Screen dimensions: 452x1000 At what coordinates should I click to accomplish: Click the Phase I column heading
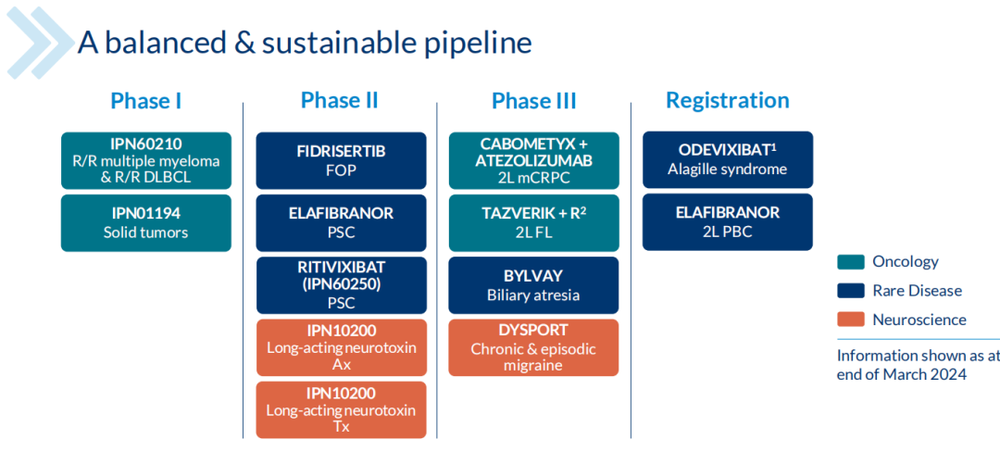pos(145,101)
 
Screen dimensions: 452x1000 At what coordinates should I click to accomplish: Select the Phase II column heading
pos(340,101)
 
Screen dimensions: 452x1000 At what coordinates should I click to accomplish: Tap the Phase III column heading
pos(533,101)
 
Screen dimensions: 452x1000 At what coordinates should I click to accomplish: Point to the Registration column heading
pos(727,101)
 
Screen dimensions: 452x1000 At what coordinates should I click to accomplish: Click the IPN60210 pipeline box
pos(146,160)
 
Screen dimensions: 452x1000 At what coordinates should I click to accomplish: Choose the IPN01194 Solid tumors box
pos(146,222)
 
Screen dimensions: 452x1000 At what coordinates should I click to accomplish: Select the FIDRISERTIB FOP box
pos(341,160)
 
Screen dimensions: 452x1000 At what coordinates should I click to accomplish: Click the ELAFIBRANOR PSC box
pos(341,222)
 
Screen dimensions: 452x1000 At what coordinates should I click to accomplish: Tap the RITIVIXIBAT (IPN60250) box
pos(341,284)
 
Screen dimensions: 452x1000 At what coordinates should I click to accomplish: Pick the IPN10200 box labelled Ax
pos(341,347)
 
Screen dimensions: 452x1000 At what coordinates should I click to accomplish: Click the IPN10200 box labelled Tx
pos(341,409)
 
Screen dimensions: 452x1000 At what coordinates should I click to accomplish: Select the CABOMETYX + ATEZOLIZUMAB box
pos(533,160)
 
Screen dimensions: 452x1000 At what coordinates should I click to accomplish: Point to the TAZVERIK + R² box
pos(533,222)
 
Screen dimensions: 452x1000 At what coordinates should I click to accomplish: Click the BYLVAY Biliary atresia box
pos(533,284)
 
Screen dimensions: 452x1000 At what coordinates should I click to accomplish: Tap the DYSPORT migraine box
pos(533,347)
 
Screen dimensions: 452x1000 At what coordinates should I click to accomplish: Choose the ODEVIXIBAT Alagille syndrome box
pos(727,159)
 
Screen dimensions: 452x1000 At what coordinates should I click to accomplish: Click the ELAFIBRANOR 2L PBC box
pos(727,221)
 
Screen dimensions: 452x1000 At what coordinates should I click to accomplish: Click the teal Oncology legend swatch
pos(850,262)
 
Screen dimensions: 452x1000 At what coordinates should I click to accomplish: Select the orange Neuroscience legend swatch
pos(850,320)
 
